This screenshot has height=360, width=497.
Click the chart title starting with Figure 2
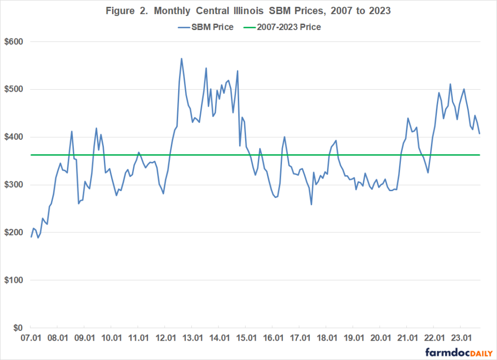(248, 10)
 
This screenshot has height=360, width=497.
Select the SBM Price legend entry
(205, 27)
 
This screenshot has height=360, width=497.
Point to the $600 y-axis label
(14, 42)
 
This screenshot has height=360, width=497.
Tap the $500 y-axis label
(14, 89)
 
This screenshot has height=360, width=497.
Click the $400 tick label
(14, 137)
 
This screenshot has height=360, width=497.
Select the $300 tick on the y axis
(14, 185)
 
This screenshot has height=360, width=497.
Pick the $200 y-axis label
(14, 232)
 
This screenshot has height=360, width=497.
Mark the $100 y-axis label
(14, 280)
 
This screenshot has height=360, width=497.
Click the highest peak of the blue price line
(182, 59)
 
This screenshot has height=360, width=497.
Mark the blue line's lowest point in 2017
(311, 204)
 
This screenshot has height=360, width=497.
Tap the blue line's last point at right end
(480, 133)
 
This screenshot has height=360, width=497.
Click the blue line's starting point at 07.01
(31, 237)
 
